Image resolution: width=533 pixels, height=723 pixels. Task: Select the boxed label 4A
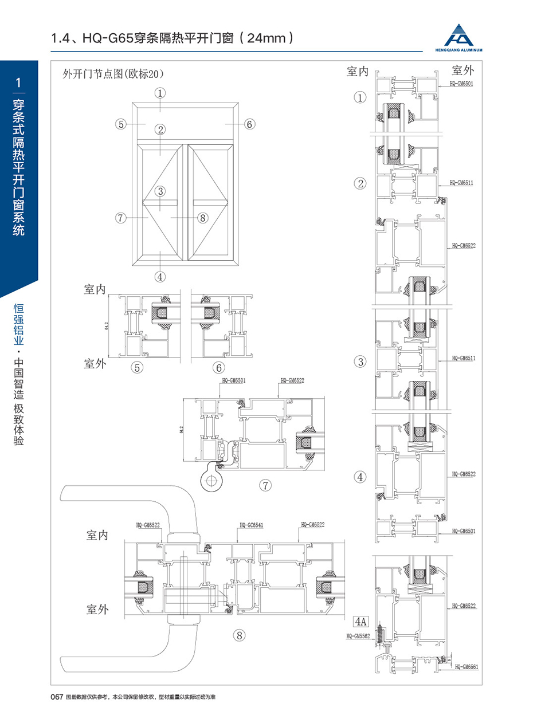tap(360, 620)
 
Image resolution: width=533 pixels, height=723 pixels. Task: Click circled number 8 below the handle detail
tap(239, 635)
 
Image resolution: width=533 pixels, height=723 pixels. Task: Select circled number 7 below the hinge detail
tap(265, 486)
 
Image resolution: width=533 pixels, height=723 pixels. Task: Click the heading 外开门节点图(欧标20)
tap(113, 74)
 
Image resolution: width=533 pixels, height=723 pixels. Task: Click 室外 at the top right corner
tap(463, 70)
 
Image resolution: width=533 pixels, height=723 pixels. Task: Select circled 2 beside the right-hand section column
tap(360, 183)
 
